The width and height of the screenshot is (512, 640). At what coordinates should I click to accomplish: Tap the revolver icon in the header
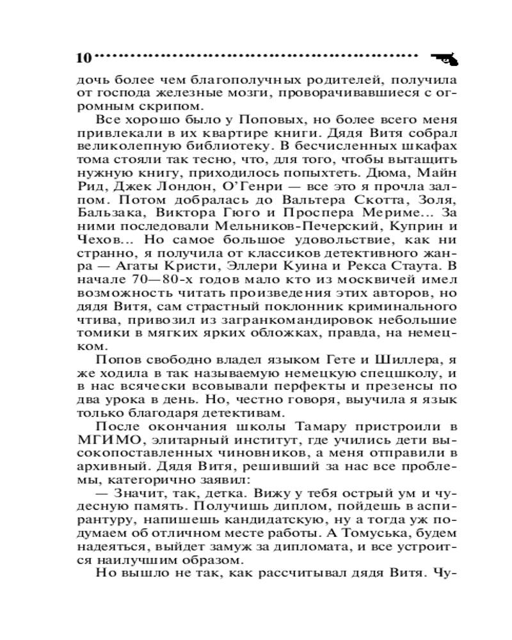(x=446, y=58)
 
